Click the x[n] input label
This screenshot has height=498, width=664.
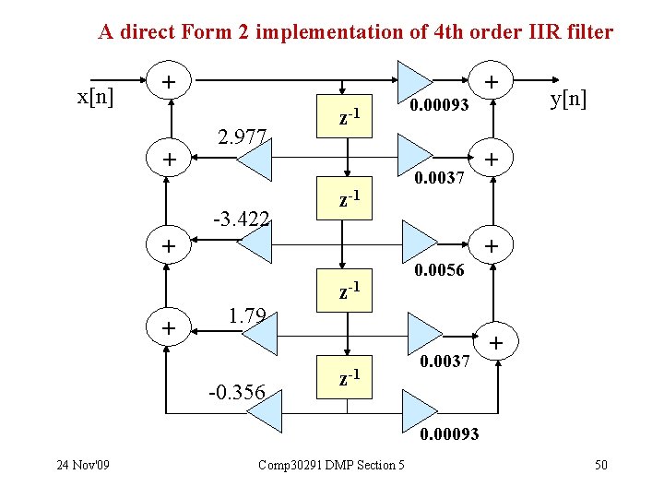pos(96,97)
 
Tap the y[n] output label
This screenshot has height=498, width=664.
pos(568,98)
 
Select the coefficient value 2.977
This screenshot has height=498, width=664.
pos(241,138)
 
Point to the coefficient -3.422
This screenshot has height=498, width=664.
pos(241,219)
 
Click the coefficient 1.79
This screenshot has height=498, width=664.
pos(246,317)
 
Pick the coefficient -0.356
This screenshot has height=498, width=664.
pos(237,394)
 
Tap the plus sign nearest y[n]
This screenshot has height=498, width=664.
pos(493,81)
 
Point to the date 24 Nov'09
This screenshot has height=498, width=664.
pos(82,464)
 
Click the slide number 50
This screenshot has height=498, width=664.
pos(600,464)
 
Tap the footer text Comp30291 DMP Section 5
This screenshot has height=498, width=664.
pos(331,464)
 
